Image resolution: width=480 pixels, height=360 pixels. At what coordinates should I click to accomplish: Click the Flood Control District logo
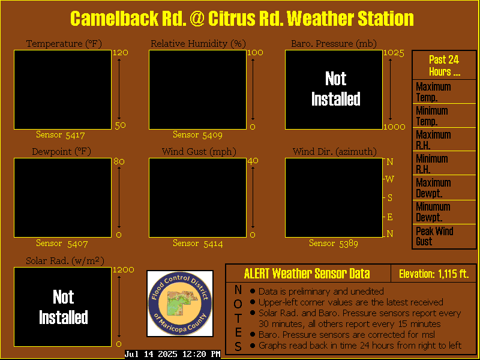180,304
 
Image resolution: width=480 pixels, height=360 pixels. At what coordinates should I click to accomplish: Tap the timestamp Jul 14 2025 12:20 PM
173,354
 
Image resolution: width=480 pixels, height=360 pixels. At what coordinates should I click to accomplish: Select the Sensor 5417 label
61,134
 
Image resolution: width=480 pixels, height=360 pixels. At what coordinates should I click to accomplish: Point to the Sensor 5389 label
334,244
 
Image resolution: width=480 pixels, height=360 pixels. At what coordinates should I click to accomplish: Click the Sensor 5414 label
198,244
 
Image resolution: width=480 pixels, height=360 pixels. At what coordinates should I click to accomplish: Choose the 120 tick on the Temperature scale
121,53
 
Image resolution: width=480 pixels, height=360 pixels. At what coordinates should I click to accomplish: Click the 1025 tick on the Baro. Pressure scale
394,53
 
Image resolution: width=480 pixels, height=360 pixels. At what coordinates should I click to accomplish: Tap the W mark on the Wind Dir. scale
389,179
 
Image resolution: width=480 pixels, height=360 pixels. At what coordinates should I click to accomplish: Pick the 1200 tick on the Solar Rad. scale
124,269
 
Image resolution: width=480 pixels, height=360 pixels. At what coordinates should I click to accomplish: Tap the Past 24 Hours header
444,65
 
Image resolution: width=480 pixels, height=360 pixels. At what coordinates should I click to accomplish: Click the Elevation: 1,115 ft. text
434,274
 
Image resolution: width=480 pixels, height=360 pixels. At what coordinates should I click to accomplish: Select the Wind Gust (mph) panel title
199,152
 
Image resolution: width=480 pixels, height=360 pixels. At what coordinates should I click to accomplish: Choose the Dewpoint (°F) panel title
62,152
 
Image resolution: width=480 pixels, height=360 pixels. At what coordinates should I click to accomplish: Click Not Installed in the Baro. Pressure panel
335,88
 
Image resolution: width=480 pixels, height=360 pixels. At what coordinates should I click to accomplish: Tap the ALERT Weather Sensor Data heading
307,274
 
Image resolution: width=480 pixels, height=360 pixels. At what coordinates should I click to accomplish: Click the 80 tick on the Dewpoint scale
119,161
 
